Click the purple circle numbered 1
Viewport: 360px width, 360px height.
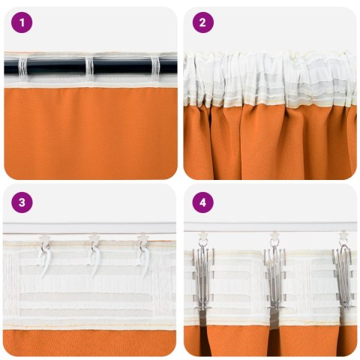(x=22, y=22)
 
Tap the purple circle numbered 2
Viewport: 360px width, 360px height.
(x=202, y=22)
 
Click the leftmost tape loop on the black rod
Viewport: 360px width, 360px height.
(x=22, y=67)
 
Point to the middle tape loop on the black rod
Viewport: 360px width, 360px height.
(x=90, y=67)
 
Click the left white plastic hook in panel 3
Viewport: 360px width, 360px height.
(x=43, y=255)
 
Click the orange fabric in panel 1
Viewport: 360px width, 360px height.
(x=90, y=131)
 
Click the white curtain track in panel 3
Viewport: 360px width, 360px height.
(x=90, y=226)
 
